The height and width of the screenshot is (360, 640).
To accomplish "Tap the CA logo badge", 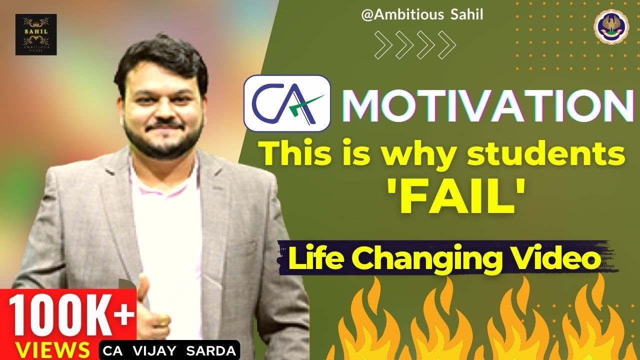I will coord(287,103).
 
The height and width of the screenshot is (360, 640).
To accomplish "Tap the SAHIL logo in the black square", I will coord(35,34).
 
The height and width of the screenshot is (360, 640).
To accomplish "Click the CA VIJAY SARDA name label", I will coord(170,349).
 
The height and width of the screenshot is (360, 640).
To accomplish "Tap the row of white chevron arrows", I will coord(415,44).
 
